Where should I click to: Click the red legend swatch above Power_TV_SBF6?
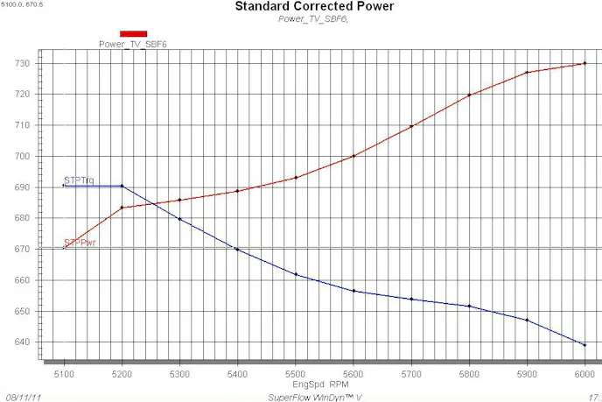(x=133, y=33)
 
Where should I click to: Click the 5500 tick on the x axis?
(x=296, y=374)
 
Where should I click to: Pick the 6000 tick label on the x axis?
(x=584, y=374)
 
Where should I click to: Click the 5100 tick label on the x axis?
(x=64, y=374)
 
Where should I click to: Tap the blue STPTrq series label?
(x=80, y=180)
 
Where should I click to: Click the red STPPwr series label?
(x=80, y=243)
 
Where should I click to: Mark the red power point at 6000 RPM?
(x=584, y=63)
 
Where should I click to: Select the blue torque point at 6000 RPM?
(x=584, y=344)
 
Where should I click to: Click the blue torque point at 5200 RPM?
(x=122, y=186)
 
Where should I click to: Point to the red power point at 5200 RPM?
(x=122, y=208)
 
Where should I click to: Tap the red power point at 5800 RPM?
(x=469, y=95)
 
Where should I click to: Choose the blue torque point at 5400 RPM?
(x=237, y=250)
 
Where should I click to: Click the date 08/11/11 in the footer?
(x=24, y=396)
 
